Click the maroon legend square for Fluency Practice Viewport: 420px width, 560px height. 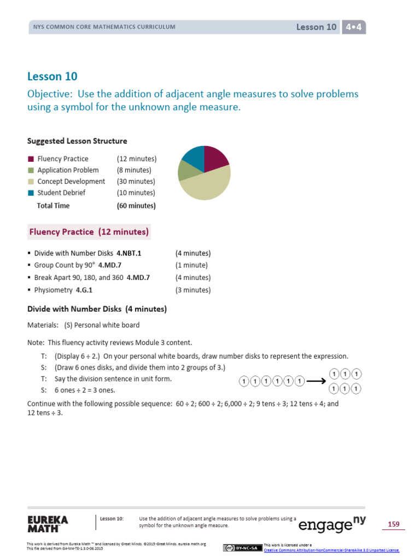coord(31,159)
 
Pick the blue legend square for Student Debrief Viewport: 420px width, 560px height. coord(31,192)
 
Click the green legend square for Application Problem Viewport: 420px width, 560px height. coord(31,170)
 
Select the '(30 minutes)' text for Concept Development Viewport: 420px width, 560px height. coord(136,182)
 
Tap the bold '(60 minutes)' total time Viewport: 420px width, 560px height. coord(136,206)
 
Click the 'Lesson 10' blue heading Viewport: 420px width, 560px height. coord(52,77)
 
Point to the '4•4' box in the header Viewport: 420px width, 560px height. coord(353,27)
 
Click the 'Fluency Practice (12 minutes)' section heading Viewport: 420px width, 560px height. coord(89,232)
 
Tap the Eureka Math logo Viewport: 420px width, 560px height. coord(48,523)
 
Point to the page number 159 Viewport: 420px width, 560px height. coord(394,524)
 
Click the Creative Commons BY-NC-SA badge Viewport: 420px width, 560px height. coord(243,548)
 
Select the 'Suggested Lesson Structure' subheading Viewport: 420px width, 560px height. coord(77,141)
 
